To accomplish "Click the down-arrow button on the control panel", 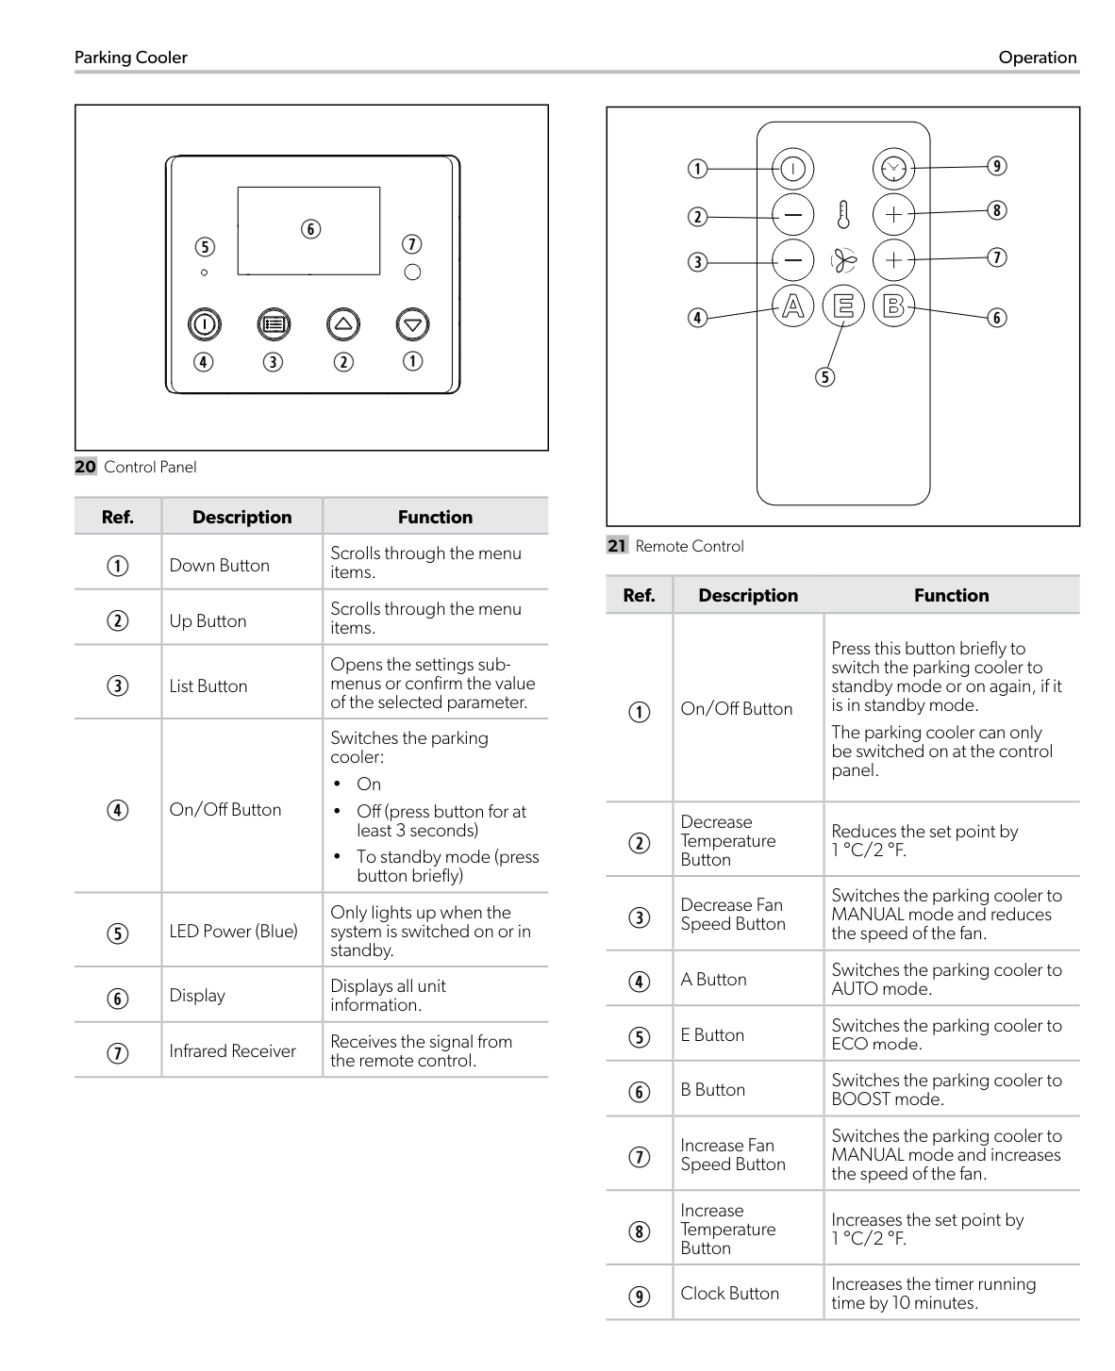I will click(412, 324).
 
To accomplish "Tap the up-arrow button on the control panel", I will click(343, 324).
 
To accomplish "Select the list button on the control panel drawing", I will click(274, 324).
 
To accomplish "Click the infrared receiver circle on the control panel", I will click(412, 273).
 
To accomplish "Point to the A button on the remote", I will click(793, 306).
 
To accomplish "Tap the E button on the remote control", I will click(843, 306).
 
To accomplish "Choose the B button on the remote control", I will click(893, 306).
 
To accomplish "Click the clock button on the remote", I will click(892, 168).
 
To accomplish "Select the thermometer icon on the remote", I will click(843, 215).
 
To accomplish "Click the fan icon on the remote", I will click(843, 260).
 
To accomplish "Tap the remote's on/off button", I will click(793, 169).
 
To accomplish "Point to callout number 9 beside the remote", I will click(997, 166).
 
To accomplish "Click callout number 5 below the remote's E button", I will click(825, 377).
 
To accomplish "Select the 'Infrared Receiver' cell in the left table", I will click(233, 1050).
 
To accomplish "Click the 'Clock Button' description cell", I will click(730, 1293).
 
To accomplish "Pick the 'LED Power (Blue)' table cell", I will click(233, 931).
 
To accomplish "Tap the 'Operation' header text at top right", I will click(1037, 58).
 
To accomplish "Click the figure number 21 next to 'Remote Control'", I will click(617, 546).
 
